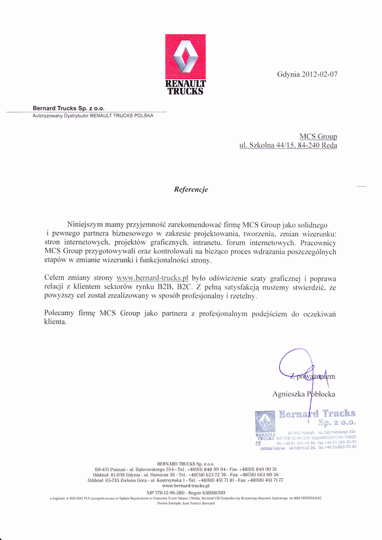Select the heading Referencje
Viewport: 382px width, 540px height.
tap(191, 189)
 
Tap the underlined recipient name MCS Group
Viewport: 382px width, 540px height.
tap(318, 137)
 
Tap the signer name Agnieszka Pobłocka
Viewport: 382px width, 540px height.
tap(304, 393)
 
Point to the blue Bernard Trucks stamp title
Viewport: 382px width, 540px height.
tap(317, 414)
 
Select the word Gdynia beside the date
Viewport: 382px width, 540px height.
tap(288, 74)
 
